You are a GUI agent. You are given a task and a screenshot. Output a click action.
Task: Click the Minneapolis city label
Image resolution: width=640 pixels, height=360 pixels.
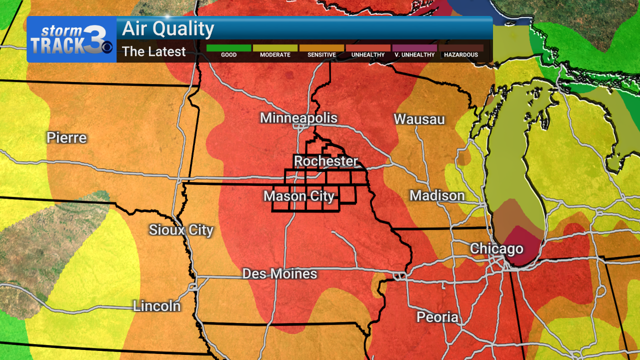[298, 118]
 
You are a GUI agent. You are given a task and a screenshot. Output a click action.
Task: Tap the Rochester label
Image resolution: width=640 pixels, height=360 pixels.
[326, 161]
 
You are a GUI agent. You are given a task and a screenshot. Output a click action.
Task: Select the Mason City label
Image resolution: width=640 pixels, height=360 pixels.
[298, 196]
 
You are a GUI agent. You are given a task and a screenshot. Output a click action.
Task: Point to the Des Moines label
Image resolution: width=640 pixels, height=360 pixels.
[279, 274]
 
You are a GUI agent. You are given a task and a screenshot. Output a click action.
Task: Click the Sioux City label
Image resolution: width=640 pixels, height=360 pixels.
[181, 230]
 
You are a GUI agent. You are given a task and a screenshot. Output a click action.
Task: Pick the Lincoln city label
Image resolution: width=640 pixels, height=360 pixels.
[156, 306]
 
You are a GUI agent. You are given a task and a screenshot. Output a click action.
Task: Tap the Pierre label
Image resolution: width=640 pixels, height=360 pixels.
[66, 138]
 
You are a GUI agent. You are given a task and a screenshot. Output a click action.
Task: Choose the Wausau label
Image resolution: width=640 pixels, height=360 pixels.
[419, 119]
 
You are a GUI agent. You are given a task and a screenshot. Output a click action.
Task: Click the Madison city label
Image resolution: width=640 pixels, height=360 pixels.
[437, 196]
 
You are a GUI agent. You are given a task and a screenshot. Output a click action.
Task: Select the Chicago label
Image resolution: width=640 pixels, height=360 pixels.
[496, 249]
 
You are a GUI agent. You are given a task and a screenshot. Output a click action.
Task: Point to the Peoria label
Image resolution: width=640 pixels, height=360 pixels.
[437, 317]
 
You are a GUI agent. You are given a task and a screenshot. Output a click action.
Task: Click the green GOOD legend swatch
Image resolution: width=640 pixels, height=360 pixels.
[228, 48]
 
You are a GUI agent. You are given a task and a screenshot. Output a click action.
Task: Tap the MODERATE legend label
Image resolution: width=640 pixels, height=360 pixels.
[275, 55]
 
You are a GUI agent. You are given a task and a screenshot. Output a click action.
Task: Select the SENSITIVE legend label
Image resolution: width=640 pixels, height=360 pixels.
[321, 55]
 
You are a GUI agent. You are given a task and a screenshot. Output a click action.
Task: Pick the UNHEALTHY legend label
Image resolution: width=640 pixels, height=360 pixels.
[368, 55]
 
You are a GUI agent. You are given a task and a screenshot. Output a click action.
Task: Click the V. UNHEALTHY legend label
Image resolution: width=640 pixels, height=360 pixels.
[414, 55]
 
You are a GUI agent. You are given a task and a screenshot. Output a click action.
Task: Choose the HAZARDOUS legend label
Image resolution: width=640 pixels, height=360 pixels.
[461, 55]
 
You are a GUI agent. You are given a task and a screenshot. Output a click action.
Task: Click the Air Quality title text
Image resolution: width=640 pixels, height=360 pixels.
[168, 29]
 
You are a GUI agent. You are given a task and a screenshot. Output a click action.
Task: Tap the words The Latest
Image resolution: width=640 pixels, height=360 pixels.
[154, 51]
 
